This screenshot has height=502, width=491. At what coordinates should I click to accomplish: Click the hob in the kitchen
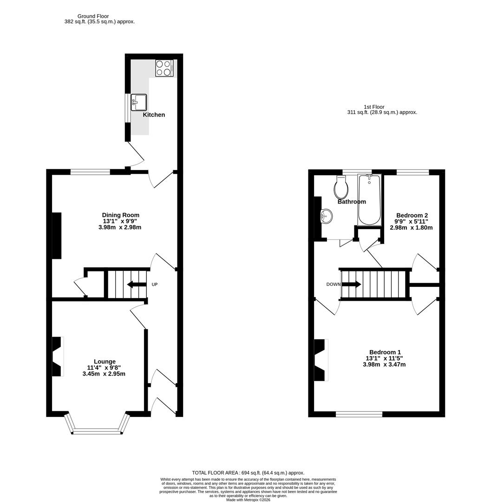164,68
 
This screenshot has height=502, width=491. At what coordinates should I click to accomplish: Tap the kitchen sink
139,102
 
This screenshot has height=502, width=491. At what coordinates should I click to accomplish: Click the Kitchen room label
154,115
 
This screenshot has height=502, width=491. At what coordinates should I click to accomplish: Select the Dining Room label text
121,215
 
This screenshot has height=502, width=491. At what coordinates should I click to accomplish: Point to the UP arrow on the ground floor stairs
136,284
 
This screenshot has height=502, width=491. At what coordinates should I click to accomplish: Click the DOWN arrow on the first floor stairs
352,284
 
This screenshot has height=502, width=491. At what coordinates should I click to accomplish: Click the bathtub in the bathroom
369,200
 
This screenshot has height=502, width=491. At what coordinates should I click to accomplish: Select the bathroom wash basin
327,216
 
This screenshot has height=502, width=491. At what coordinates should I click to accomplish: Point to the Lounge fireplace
57,356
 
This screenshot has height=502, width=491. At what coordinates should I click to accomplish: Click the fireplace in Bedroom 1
321,360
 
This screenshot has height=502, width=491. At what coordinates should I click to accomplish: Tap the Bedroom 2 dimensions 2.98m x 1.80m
411,228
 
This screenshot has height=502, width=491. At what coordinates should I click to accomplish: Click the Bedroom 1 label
385,352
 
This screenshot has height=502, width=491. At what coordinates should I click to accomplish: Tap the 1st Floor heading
374,107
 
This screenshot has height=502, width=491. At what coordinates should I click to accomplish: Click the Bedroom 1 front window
359,414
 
